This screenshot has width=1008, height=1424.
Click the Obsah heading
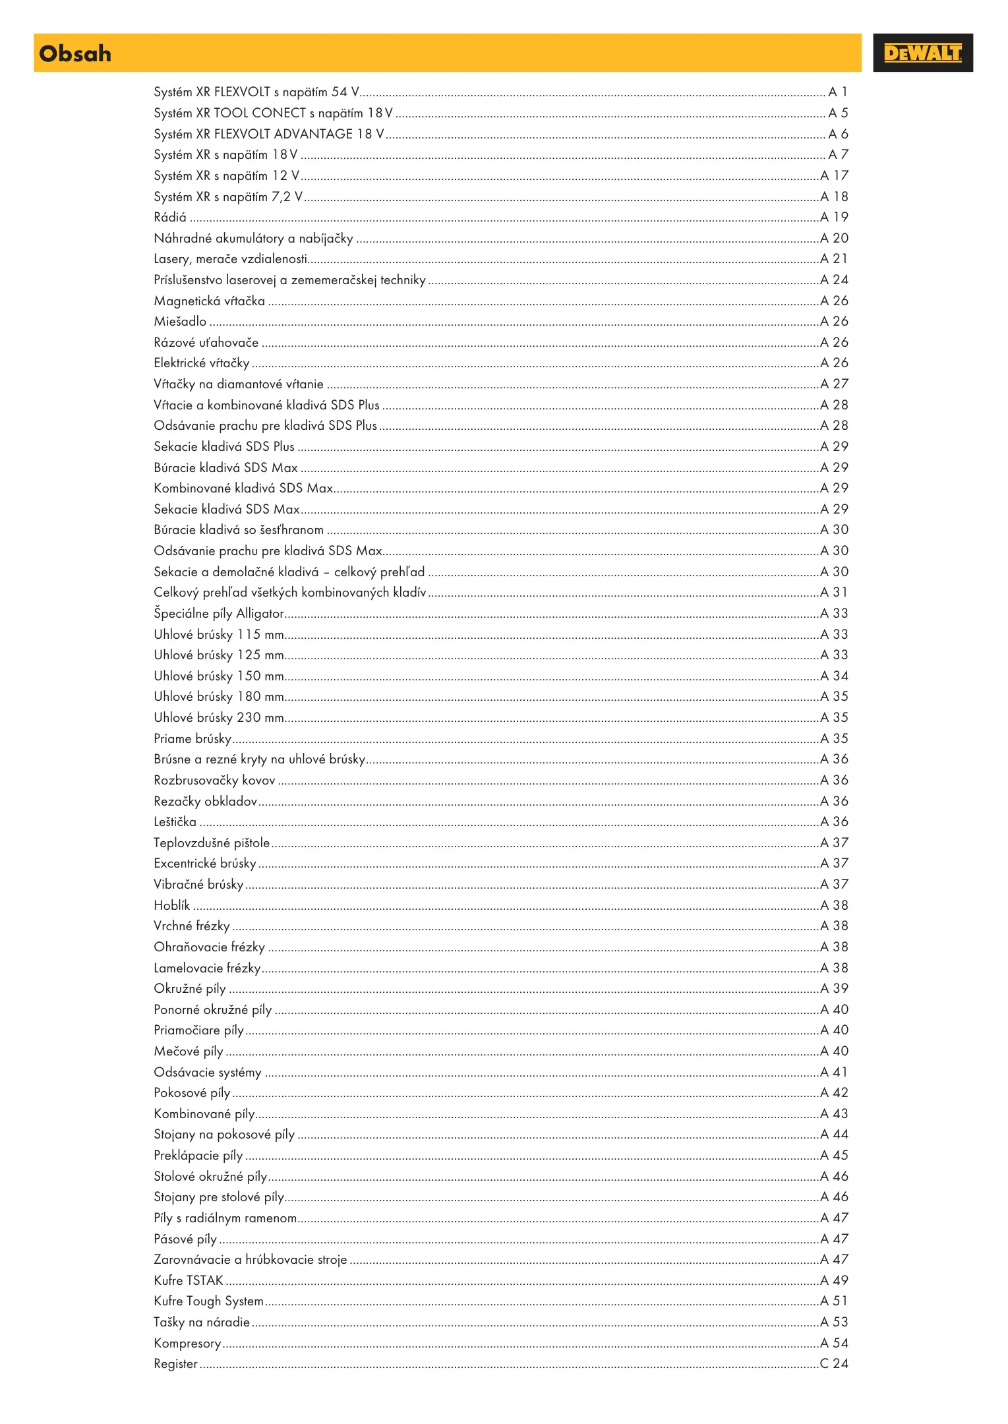click(75, 53)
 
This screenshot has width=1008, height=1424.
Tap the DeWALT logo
click(922, 53)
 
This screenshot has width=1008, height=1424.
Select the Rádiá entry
click(170, 218)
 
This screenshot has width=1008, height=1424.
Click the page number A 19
click(834, 218)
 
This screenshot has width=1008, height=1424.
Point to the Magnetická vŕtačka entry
click(209, 301)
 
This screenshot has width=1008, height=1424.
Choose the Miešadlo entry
click(180, 322)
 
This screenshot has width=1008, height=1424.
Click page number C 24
click(834, 1363)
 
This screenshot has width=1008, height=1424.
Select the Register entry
click(175, 1364)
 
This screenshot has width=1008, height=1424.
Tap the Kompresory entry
click(187, 1343)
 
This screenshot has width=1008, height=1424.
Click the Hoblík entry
click(171, 905)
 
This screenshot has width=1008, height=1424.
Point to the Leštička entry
click(175, 822)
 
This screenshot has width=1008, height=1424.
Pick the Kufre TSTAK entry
click(189, 1280)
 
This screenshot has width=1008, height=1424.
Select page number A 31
click(834, 593)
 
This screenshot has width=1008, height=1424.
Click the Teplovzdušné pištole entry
click(212, 843)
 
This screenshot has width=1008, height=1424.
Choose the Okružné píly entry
click(190, 989)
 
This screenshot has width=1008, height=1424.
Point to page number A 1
click(837, 92)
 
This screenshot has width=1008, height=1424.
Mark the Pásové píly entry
click(185, 1239)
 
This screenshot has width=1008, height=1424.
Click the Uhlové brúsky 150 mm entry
click(219, 676)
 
